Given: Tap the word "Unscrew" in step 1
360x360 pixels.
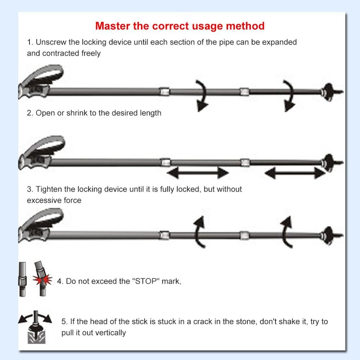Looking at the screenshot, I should point(51,42).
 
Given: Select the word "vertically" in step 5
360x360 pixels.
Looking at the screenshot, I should point(109,332).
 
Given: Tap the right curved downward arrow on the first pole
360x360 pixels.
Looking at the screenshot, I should point(289,95).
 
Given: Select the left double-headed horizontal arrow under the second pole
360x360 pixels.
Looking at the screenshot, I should point(198,173).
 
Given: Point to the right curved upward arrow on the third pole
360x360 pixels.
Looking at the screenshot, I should point(286,230).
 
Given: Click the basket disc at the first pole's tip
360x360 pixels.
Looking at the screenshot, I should point(328,92).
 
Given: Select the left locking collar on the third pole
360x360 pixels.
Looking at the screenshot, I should point(164,235).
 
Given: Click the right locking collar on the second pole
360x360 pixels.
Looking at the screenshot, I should point(245,162).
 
